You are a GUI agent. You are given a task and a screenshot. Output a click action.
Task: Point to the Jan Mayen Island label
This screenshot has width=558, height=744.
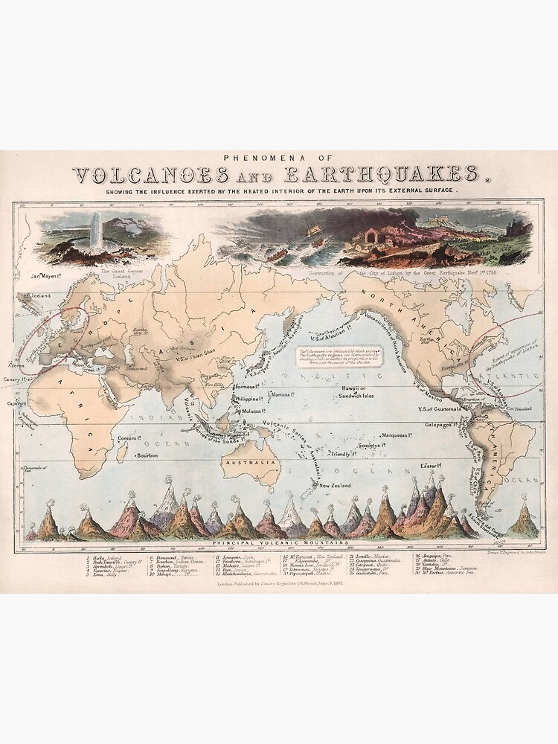[x=42, y=276]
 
